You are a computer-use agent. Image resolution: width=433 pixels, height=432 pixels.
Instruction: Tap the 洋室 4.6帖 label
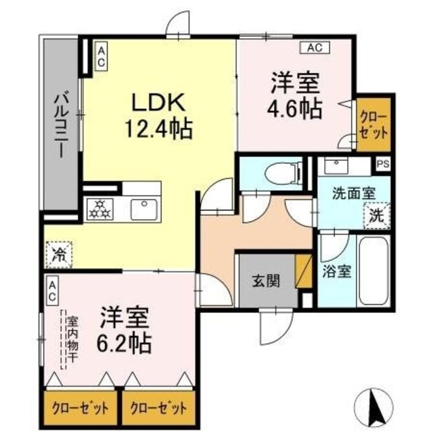coord(297,97)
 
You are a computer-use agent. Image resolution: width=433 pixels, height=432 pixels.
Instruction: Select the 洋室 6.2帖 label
coord(127,329)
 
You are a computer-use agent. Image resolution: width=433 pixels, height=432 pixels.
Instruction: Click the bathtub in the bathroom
coord(372,270)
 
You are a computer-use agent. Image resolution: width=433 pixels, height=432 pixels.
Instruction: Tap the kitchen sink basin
coord(145,208)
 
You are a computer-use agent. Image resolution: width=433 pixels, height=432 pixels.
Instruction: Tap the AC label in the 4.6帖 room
coord(314,47)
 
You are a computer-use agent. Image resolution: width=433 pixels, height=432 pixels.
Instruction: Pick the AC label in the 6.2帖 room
coord(52,291)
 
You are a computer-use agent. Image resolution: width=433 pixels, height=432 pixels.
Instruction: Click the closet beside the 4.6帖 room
coord(374,124)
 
